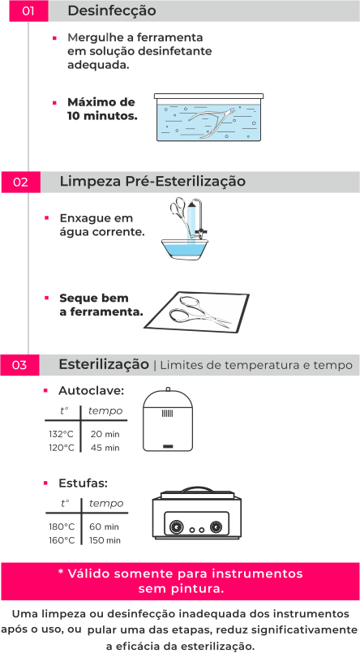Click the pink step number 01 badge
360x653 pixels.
point(27,11)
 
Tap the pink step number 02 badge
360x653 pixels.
point(22,183)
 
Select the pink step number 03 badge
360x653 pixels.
point(21,366)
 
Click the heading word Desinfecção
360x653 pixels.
point(112,11)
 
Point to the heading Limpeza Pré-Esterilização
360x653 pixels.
point(152,182)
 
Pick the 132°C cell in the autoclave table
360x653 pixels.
point(62,434)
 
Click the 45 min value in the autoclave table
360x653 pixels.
point(105,447)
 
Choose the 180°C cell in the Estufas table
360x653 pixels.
point(62,526)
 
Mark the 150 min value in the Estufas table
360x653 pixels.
point(105,539)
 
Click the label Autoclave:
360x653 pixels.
point(91,390)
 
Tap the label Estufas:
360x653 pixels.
point(83,483)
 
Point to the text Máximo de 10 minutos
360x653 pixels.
point(101,109)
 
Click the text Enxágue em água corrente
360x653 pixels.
point(101,225)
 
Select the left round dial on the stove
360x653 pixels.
point(174,528)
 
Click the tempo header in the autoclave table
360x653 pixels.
point(105,410)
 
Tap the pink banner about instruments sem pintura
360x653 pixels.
point(180,580)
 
